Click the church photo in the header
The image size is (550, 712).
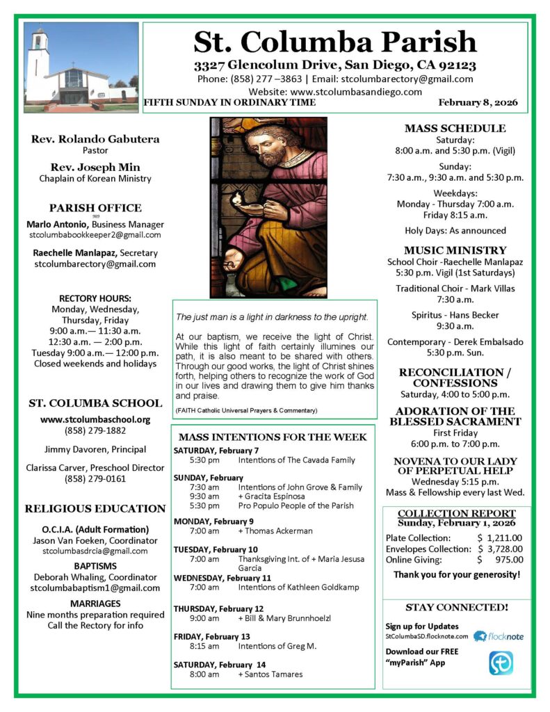[x=81, y=67]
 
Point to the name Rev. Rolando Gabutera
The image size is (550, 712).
[x=95, y=139]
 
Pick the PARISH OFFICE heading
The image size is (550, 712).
[x=95, y=208]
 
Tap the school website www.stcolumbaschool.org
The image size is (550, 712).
[x=95, y=419]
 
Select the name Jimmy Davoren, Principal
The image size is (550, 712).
[x=95, y=448]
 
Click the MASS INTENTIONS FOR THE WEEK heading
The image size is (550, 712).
[x=273, y=437]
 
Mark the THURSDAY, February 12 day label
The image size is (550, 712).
[x=218, y=608]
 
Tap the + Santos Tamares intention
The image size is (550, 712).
[x=270, y=674]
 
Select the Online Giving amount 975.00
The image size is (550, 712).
[x=508, y=559]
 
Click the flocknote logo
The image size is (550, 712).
[x=499, y=636]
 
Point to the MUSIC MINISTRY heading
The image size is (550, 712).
[x=455, y=250]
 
